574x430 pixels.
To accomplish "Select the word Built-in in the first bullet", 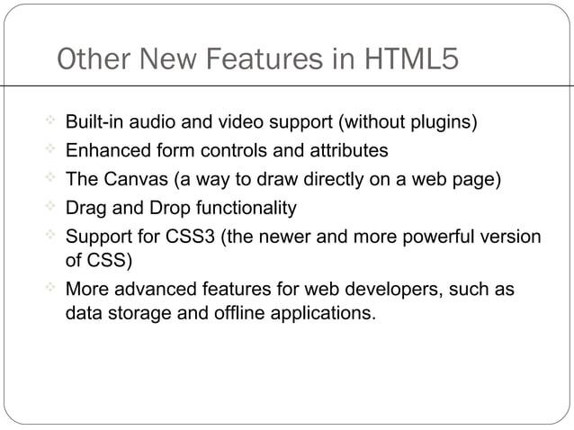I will (x=97, y=121).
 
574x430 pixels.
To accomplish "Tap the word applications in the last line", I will (x=318, y=316).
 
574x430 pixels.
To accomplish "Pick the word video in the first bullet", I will (x=237, y=121).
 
